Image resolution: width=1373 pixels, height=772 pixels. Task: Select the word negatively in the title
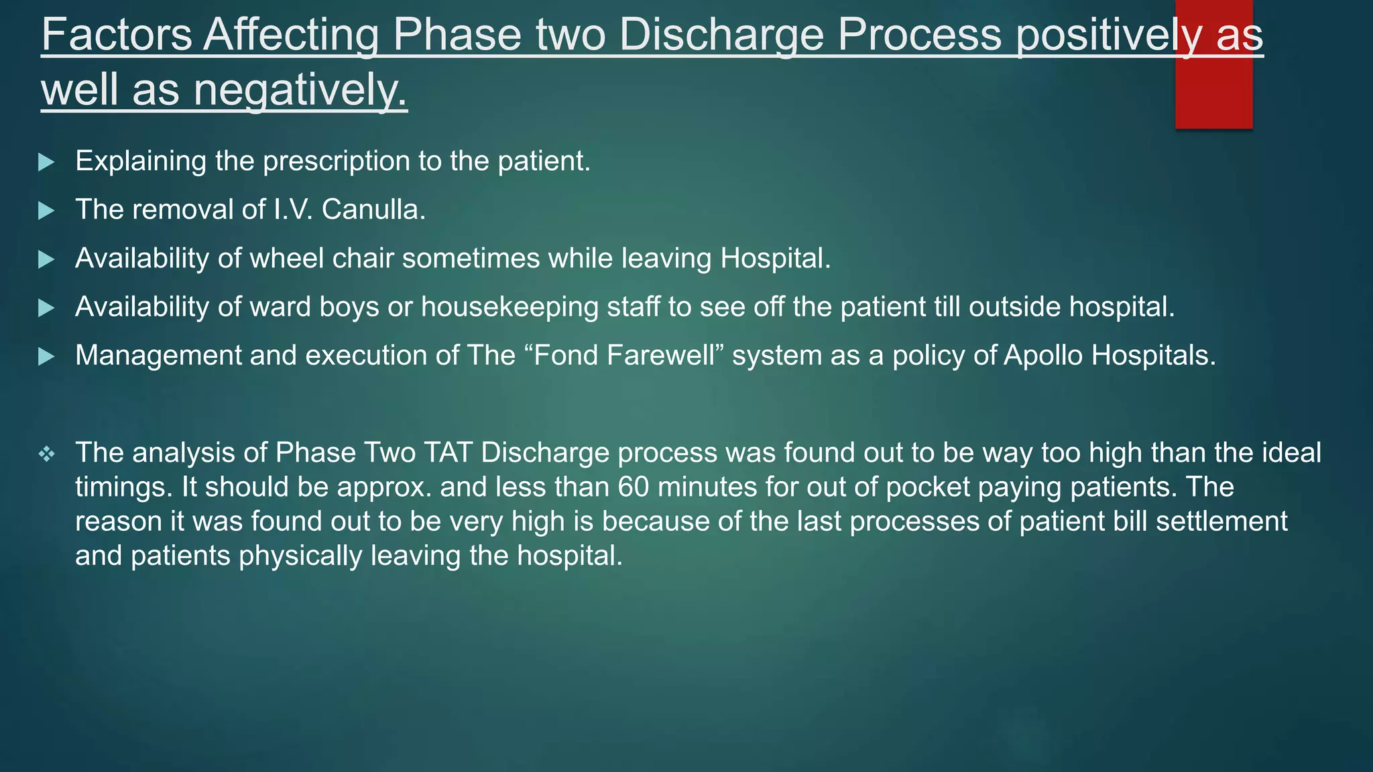pyautogui.click(x=300, y=90)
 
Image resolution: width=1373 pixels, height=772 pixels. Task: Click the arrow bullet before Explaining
pyautogui.click(x=46, y=162)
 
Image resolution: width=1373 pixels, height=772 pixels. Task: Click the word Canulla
pyautogui.click(x=373, y=210)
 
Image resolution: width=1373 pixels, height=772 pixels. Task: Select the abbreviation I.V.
pyautogui.click(x=293, y=210)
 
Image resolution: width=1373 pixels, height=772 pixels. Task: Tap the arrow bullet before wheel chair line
pyautogui.click(x=46, y=259)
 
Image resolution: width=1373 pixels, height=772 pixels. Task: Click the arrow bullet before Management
pyautogui.click(x=46, y=357)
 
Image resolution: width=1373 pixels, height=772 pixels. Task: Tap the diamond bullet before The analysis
pyautogui.click(x=46, y=455)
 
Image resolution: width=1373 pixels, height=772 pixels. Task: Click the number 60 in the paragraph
pyautogui.click(x=633, y=487)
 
